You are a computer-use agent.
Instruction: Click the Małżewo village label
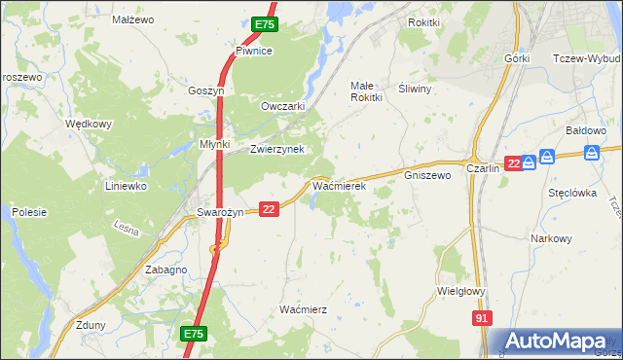coord(134,18)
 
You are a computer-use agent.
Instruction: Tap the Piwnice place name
coord(253,51)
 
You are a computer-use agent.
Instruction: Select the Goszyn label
coord(206,90)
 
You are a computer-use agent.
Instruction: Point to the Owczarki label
coord(283,106)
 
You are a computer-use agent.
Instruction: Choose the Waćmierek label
coord(338,184)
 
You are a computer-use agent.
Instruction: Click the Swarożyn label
coord(220,212)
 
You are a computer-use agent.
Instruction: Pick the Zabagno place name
coord(165,270)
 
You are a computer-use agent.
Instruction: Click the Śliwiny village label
coord(416,87)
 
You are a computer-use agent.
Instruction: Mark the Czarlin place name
coord(483,167)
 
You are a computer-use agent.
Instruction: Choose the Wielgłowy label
coord(462,290)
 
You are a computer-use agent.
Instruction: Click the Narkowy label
coord(551,238)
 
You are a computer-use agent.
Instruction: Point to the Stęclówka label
coord(571,193)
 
